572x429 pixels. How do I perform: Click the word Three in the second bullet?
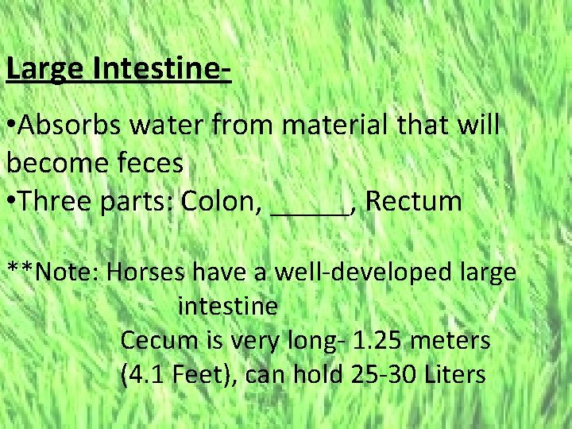pyautogui.click(x=56, y=202)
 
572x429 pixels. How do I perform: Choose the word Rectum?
pyautogui.click(x=415, y=202)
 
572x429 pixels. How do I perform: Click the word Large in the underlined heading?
pyautogui.click(x=45, y=69)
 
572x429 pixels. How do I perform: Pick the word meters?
pyautogui.click(x=454, y=341)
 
